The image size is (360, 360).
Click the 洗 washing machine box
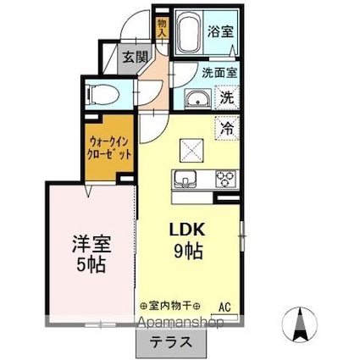coord(228,97)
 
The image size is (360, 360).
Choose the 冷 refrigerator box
coord(228,129)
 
